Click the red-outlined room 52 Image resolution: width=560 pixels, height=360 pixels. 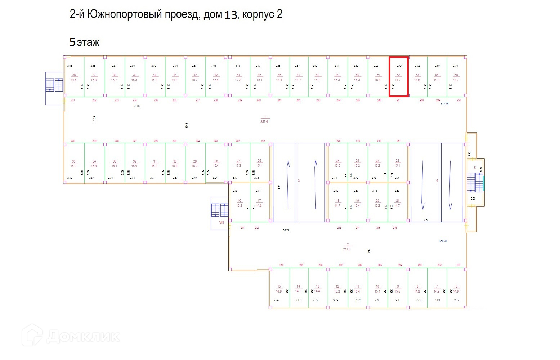coord(398,77)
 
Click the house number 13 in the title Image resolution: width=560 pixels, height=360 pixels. coord(231,15)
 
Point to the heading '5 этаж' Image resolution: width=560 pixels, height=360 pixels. coord(84,42)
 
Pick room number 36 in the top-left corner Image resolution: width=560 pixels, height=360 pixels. coord(74,75)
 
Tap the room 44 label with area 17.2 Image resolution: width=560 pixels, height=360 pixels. coord(238,77)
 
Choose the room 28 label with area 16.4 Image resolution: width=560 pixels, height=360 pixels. coord(216,164)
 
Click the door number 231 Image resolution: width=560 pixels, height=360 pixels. coord(73,100)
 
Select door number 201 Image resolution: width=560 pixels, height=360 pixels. coord(458,265)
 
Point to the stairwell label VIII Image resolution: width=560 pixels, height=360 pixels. coord(221,222)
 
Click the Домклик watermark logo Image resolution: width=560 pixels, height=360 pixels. coord(71,336)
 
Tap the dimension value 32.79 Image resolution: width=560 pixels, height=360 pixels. coord(286,230)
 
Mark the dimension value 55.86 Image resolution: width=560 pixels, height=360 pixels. coord(136,106)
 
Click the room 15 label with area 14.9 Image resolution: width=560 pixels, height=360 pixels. coord(279,289)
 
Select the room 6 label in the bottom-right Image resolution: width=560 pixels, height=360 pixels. coord(456,289)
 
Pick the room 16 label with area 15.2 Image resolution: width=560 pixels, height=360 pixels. coord(239,203)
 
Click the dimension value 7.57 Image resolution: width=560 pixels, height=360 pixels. coord(426,220)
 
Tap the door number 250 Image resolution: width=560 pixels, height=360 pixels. coord(459,100)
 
